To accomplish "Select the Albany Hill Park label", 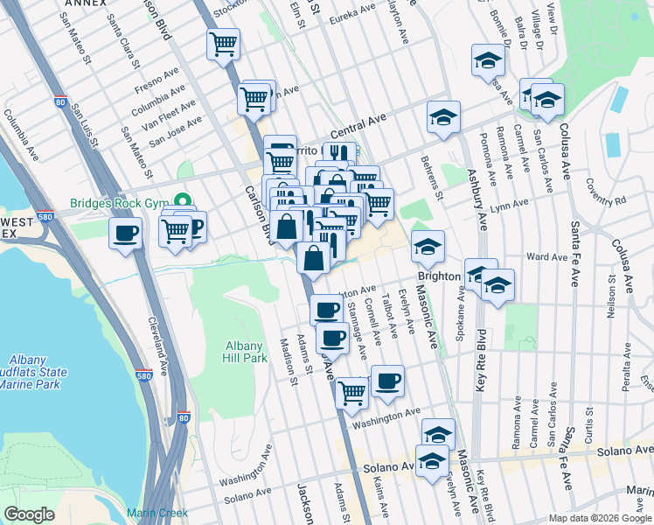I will pyautogui.click(x=245, y=352).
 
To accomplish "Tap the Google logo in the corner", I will pyautogui.click(x=29, y=514).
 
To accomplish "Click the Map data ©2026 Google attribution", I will pyautogui.click(x=600, y=518).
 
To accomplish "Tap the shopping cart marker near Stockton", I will pyautogui.click(x=223, y=44).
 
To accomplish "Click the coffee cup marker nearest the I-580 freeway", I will pyautogui.click(x=125, y=234).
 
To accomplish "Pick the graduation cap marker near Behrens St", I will pyautogui.click(x=443, y=117).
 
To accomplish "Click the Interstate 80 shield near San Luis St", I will pyautogui.click(x=60, y=101).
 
